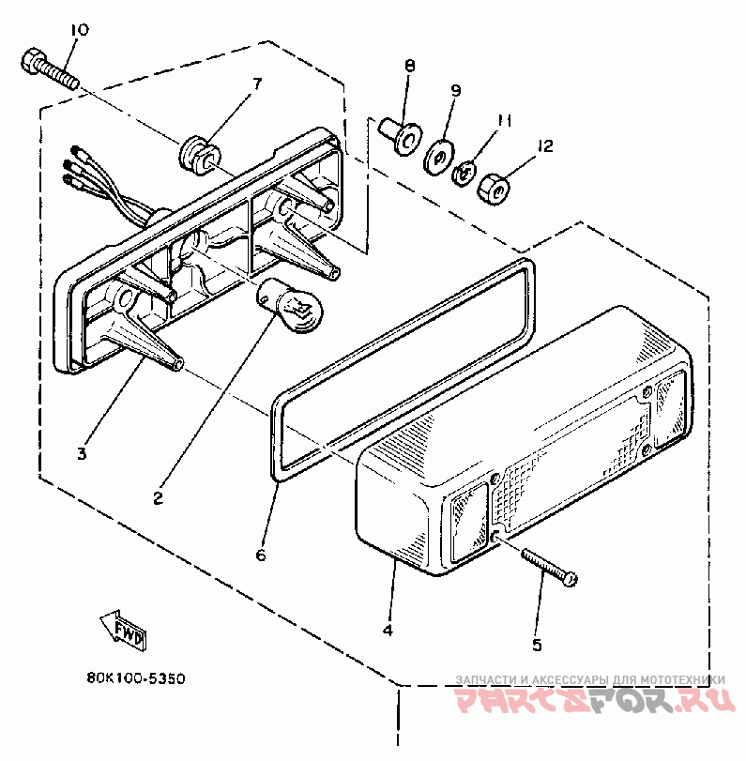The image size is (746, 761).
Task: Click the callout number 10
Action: coord(80,30)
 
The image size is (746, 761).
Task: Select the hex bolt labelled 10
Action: coord(50,68)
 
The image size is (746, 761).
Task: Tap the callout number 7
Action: coord(257,84)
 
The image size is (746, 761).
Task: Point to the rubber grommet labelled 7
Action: coord(200,152)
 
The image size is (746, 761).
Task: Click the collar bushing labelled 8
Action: coord(401,136)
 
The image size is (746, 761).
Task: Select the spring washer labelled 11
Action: coord(464,174)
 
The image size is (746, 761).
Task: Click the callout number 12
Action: coord(545,145)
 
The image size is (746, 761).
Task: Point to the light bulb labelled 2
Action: coord(290,307)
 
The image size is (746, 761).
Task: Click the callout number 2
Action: coord(159,498)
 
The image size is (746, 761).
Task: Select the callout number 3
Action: coord(82,454)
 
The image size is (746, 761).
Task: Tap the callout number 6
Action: coord(261,555)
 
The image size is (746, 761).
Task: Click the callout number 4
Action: coord(388,630)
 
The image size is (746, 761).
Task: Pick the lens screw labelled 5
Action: coord(549,567)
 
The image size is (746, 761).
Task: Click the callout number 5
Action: coord(537,645)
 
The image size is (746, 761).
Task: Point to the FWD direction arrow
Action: coord(123,630)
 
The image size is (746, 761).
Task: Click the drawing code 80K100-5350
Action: coord(136,678)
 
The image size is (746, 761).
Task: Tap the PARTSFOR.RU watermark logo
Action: coord(595,700)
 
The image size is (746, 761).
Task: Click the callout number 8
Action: coord(410,66)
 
